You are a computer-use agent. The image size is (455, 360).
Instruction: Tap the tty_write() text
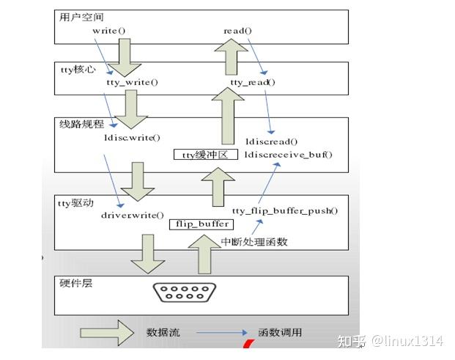coord(132,83)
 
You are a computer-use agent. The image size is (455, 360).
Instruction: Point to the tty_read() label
coord(253,83)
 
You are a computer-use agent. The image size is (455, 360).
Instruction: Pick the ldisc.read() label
coord(271,141)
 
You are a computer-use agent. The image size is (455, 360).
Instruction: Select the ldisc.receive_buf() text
coord(288,155)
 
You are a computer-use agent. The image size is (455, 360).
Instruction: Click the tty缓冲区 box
coord(205,155)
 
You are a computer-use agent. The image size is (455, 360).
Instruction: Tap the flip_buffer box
coord(201,224)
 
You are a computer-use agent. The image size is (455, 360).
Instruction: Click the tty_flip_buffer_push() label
coord(284,211)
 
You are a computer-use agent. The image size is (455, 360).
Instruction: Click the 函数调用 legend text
coord(280,333)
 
